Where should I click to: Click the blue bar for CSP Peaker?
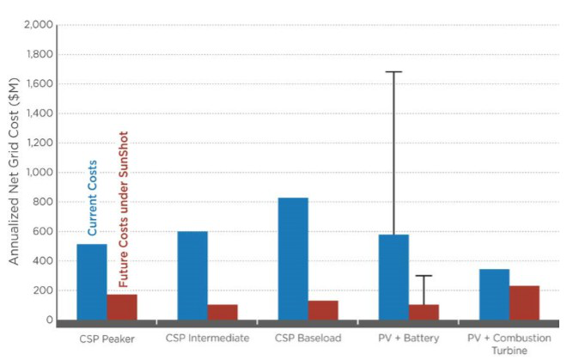92,282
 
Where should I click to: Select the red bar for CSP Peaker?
122,307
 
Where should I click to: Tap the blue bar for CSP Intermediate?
192,275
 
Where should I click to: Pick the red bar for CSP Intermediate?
223,312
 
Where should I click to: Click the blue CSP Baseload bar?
293,259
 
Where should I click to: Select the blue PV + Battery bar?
393,277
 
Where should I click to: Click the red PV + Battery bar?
424,312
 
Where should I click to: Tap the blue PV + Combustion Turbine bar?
494,294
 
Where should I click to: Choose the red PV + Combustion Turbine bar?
524,302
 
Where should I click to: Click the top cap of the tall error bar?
393,72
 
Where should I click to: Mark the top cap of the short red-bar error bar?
424,276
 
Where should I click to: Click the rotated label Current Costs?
93,198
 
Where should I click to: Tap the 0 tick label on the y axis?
49,320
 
